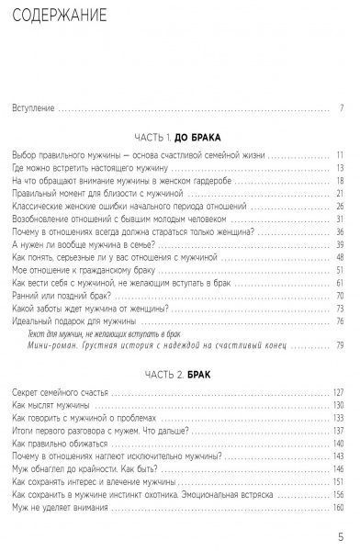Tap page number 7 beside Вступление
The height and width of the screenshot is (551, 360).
point(341,108)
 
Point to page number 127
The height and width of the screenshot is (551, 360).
point(337,393)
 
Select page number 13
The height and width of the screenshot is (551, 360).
point(339,167)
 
